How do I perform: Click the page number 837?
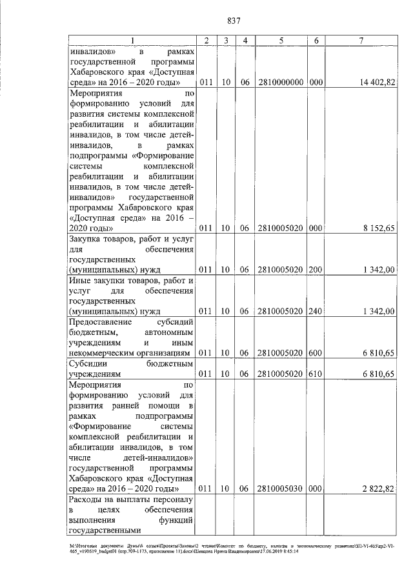point(234,20)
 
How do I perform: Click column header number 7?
point(361,41)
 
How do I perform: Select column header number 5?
point(281,41)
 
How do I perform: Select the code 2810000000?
point(281,83)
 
